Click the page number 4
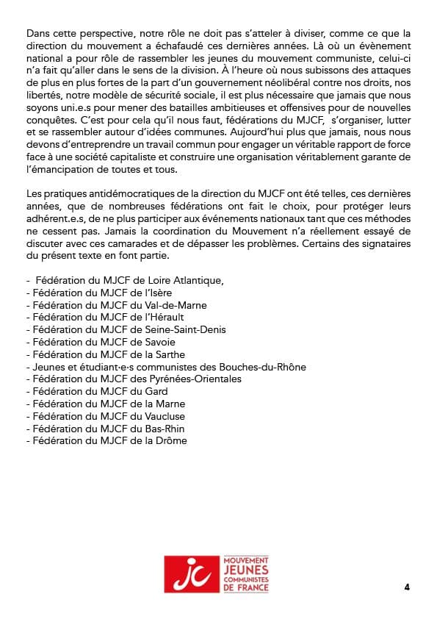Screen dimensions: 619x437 point(406,587)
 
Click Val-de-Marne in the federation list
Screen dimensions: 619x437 point(178,305)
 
